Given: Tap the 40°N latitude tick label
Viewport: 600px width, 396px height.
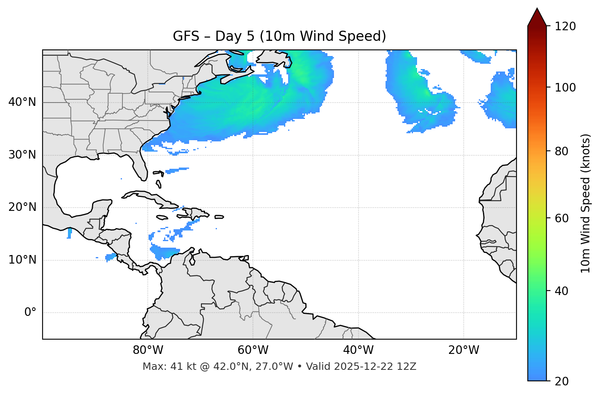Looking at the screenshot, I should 22,102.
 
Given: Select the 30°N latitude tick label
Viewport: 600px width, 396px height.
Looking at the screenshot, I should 22,155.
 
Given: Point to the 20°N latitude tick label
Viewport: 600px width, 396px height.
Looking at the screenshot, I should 22,207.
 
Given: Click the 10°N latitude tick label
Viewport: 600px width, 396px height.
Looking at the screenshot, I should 22,260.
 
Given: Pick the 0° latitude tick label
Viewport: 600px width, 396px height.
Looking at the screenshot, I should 30,313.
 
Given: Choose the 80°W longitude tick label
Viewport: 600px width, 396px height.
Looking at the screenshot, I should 148,350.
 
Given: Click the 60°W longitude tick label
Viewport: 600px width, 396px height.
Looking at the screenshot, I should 253,350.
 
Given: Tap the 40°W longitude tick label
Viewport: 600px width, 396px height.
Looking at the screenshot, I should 358,350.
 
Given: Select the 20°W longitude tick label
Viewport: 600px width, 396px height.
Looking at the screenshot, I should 464,350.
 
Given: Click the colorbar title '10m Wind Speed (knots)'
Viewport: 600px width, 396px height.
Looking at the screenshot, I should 586,203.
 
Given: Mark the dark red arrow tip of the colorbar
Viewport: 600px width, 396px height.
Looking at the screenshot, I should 537,16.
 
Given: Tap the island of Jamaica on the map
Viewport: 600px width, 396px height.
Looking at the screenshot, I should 162,217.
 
